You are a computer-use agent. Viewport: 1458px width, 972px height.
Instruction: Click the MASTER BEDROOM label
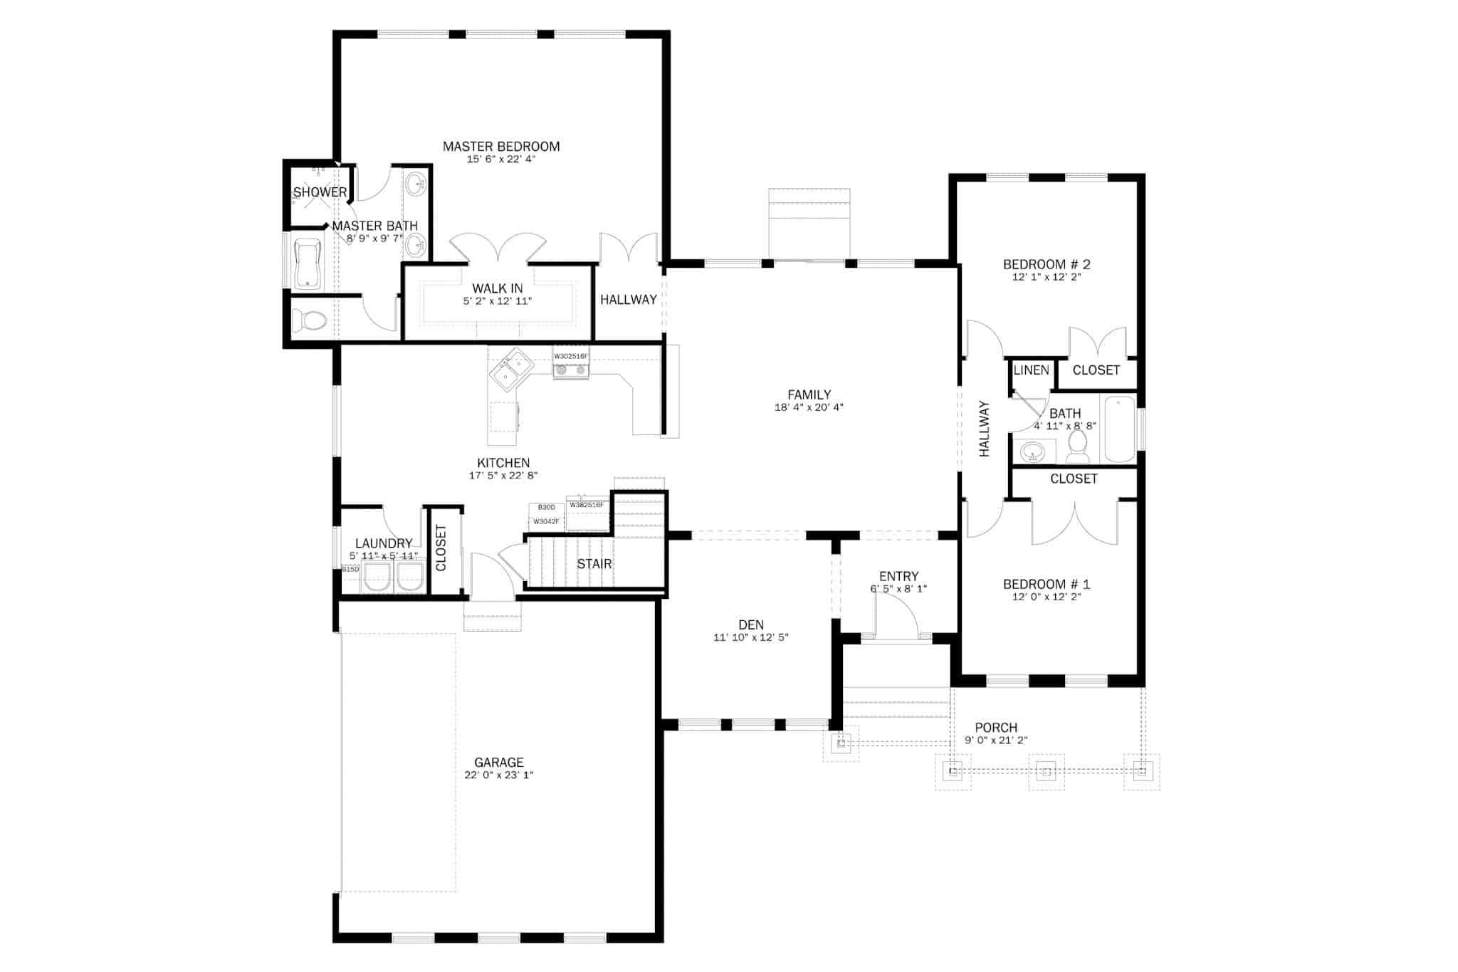(x=501, y=147)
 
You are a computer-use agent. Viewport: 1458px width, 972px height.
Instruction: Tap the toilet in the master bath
(x=310, y=321)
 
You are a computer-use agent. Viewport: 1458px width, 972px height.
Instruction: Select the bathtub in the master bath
(x=308, y=263)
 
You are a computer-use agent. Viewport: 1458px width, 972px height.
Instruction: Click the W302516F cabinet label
(x=571, y=356)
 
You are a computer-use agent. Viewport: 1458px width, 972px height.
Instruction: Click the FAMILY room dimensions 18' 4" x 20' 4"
(x=809, y=408)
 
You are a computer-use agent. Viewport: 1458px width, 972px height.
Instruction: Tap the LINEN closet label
(x=1031, y=370)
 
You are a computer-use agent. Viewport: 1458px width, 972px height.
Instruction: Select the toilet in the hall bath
(x=1077, y=446)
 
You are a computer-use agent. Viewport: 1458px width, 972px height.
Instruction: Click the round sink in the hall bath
(x=1032, y=451)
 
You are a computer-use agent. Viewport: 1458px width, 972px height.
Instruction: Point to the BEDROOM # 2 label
(x=1047, y=264)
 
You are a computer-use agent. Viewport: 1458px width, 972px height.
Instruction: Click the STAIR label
(x=594, y=564)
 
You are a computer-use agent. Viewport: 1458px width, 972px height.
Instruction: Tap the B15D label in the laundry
(x=350, y=570)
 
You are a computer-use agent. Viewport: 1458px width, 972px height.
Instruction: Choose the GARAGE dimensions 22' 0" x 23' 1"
(x=498, y=775)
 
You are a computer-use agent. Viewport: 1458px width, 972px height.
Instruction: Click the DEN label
(x=751, y=625)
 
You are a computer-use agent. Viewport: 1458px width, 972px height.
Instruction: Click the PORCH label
(x=996, y=728)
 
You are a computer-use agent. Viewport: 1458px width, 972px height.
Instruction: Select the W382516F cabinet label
(x=587, y=505)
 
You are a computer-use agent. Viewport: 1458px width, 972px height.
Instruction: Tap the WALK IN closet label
(x=498, y=288)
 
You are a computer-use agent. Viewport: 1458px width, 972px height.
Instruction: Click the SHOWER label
(x=320, y=192)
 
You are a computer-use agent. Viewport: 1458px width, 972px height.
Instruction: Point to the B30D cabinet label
(x=546, y=507)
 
